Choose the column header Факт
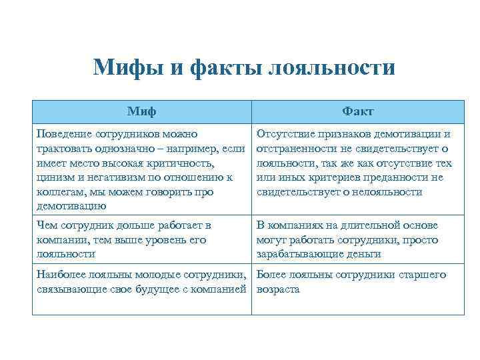click(x=358, y=111)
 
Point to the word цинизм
click(x=57, y=177)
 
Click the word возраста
click(x=278, y=289)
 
